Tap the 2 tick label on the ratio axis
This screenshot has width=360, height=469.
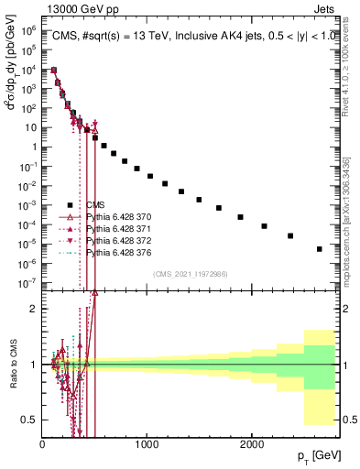tap(36, 309)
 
